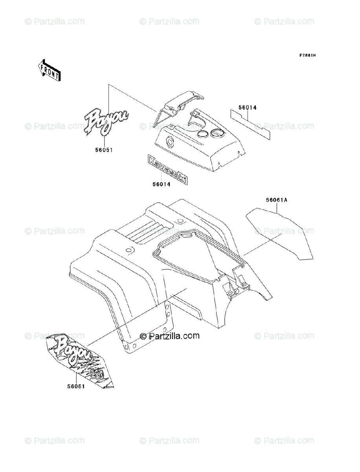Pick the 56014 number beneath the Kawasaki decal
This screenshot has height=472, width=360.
161,184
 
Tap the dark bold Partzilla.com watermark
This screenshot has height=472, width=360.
170,336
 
